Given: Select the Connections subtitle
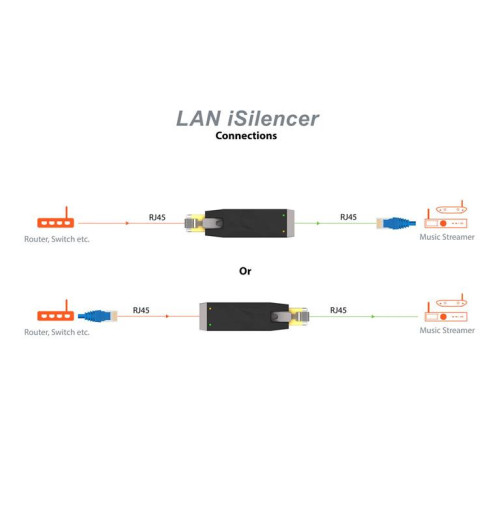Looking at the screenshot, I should (246, 136).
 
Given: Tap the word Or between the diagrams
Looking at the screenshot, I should (245, 271).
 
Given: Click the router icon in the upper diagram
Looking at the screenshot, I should (55, 222).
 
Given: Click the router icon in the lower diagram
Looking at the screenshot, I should (56, 314).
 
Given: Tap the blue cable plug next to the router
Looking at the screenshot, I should (98, 314).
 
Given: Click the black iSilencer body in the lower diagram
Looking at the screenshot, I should (240, 316).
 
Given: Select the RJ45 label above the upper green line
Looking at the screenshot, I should (348, 217).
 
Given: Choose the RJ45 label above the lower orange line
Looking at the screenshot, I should (141, 310).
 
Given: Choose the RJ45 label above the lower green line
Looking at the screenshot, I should (338, 310).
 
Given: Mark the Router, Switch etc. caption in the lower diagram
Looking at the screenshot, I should (57, 332).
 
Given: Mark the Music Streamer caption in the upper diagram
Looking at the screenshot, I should (447, 238).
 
